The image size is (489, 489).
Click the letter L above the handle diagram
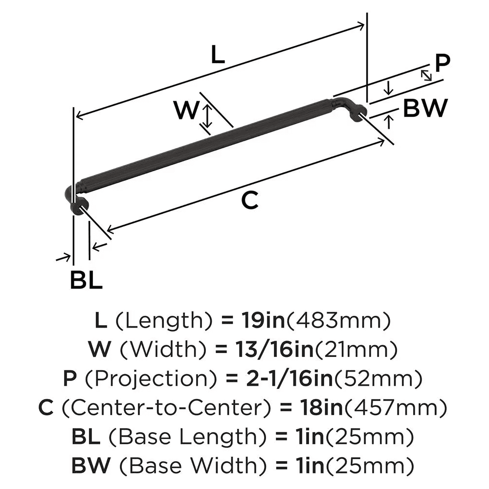pyautogui.click(x=218, y=56)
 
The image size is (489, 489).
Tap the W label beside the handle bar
pyautogui.click(x=186, y=111)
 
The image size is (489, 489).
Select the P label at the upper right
pyautogui.click(x=442, y=63)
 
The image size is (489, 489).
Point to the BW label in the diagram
pyautogui.click(x=425, y=108)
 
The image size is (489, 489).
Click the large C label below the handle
pyautogui.click(x=250, y=200)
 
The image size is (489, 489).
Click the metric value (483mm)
pyautogui.click(x=337, y=321)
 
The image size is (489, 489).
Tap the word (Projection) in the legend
pyautogui.click(x=143, y=378)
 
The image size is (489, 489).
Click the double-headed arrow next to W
pyautogui.click(x=207, y=118)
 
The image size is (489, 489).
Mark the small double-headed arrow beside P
pyautogui.click(x=426, y=75)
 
